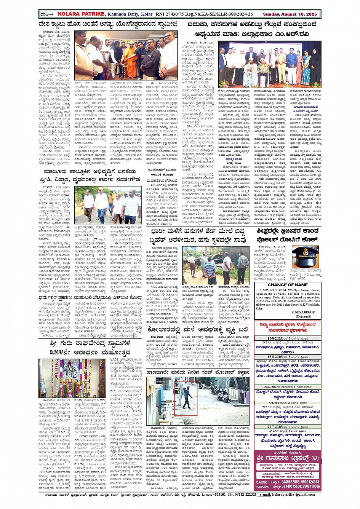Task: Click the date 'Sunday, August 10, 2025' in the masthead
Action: (290, 14)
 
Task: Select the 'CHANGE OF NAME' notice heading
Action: (288, 285)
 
